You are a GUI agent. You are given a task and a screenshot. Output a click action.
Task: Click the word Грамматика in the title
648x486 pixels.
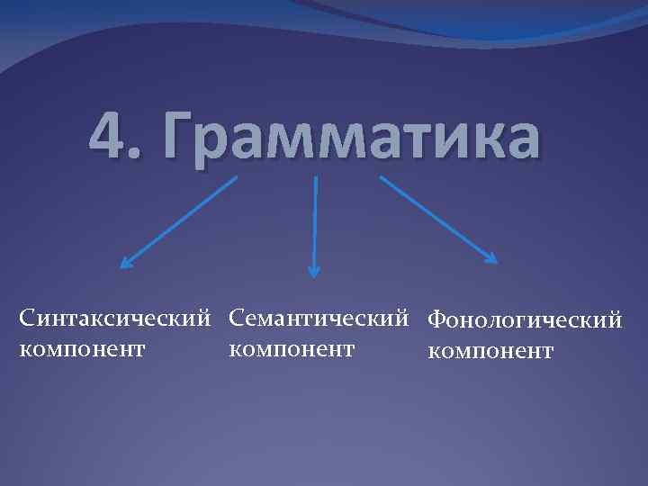346,137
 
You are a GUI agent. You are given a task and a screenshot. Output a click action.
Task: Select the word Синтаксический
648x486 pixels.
117,318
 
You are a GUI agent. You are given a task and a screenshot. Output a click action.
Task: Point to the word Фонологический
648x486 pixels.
526,319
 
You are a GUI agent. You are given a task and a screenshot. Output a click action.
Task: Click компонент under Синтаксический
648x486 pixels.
82,348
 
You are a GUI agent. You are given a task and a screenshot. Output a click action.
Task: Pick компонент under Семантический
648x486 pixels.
292,347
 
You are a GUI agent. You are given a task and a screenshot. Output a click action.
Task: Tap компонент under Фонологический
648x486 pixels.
491,351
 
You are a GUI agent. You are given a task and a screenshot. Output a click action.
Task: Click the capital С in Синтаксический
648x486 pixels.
28,318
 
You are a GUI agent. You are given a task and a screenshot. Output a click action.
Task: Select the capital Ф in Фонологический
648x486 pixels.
437,319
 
